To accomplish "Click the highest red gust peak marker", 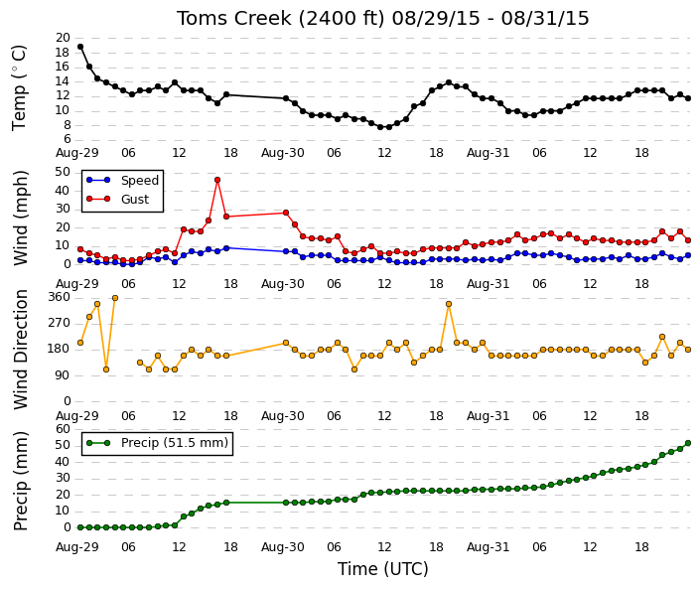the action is [217, 180].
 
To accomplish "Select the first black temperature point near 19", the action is [80, 47].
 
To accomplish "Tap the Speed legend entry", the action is [122, 181].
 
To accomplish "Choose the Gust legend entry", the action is [117, 200].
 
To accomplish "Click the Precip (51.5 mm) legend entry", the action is [157, 443].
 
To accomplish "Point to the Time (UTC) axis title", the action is [382, 569].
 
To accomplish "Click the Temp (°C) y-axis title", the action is [19, 88].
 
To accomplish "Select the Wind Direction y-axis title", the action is [21, 350].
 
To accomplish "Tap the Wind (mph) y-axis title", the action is [21, 219].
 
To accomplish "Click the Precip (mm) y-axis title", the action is [21, 481].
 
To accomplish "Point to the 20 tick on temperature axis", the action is [63, 38].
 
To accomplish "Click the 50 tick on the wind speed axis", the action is [63, 173].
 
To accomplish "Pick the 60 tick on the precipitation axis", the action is [63, 429].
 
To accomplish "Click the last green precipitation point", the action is [688, 443].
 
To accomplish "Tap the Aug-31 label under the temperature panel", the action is [488, 153].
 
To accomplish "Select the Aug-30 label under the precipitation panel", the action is [283, 547].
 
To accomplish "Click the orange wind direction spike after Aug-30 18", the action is [449, 304].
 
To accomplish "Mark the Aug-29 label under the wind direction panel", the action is [76, 416].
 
